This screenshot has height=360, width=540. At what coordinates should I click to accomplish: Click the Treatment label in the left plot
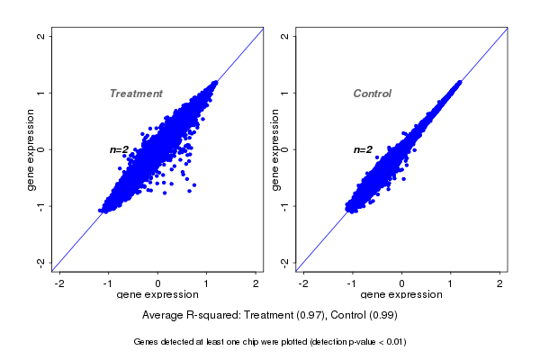tap(136, 94)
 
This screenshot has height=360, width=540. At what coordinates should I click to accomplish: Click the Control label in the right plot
tap(372, 94)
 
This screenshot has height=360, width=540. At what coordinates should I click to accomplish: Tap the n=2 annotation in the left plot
tap(120, 149)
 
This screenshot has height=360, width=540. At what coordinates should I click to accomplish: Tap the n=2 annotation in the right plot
tap(363, 149)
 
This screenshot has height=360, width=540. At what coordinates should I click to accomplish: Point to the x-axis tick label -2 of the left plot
tap(60, 283)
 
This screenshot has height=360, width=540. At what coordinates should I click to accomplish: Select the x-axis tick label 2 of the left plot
tap(256, 283)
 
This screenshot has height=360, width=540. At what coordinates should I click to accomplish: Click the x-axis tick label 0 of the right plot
tap(402, 283)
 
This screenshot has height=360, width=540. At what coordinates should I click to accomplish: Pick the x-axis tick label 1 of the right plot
tap(451, 283)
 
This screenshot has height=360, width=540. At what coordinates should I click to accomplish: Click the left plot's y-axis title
tap(31, 149)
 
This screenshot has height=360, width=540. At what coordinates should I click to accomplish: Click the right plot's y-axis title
tap(274, 149)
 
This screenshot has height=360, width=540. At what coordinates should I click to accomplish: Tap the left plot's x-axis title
tap(158, 295)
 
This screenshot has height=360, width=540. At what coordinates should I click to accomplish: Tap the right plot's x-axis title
tap(401, 295)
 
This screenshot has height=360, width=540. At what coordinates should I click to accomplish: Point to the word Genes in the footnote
tap(146, 342)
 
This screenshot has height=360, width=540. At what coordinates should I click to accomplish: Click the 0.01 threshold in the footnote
tap(393, 342)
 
